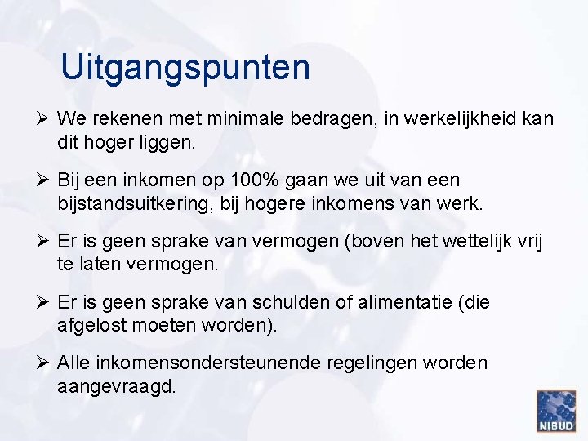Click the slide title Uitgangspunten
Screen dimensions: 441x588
(x=185, y=68)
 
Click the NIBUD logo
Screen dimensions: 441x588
(x=556, y=411)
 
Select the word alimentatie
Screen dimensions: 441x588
(x=413, y=302)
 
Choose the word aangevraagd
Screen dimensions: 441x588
(x=117, y=386)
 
